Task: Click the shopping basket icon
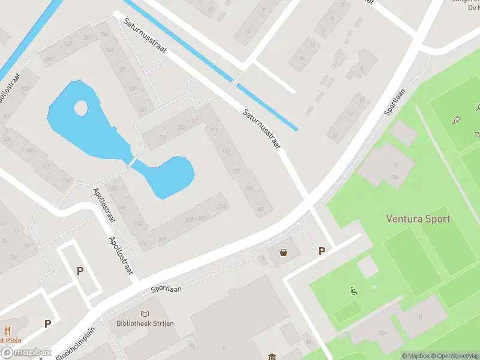[283, 253]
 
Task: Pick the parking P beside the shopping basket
[322, 251]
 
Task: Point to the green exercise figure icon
[353, 292]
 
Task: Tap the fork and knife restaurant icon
[8, 330]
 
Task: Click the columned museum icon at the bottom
[272, 356]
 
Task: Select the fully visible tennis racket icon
[457, 119]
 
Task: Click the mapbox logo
[25, 353]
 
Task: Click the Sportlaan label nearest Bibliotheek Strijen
[166, 288]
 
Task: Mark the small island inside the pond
[81, 109]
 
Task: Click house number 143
[110, 50]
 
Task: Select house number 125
[162, 137]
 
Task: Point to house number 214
[222, 207]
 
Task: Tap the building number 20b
[394, 177]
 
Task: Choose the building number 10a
[382, 333]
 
